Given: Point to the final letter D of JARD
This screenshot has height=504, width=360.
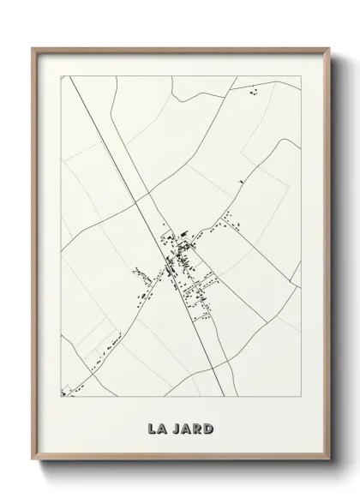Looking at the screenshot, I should (x=211, y=426).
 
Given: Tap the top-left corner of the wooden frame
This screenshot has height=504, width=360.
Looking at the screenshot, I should (x=33, y=48).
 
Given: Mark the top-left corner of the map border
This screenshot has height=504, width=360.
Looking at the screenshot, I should (x=60, y=75).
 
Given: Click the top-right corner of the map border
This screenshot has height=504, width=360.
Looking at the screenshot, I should (x=301, y=75).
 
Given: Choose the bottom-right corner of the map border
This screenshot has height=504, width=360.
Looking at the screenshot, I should (x=301, y=397).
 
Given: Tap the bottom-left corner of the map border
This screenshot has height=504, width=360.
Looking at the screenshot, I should (x=60, y=397).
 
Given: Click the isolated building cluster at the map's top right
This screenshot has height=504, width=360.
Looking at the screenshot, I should (x=253, y=91).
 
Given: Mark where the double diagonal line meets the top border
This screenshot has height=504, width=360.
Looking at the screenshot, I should (x=75, y=75).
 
